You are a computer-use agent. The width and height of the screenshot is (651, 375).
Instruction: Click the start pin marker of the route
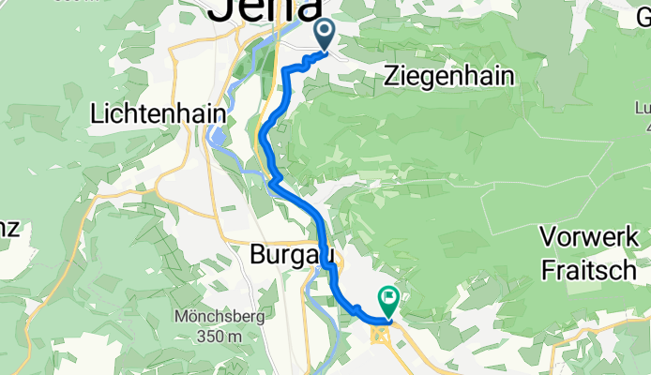325,35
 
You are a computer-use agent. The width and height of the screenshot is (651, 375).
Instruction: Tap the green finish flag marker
386,300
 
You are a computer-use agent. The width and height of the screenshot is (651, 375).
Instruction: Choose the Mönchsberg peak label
220,317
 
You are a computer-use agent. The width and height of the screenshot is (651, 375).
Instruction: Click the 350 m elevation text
220,336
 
